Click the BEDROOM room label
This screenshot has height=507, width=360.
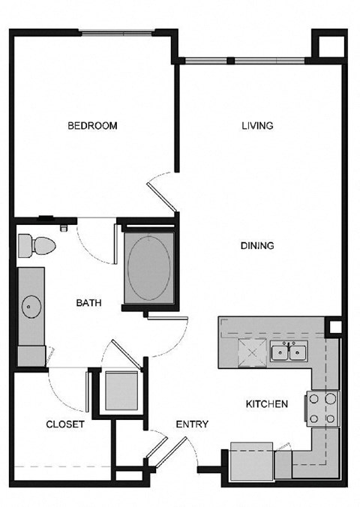tap(92, 126)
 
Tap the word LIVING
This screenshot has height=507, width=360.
tap(256, 126)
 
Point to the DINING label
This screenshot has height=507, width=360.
tap(256, 245)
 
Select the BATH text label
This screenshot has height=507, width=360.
tap(88, 303)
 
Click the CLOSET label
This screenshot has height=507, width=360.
tap(65, 424)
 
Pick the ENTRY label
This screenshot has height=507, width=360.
tap(192, 424)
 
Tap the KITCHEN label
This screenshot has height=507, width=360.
tap(267, 404)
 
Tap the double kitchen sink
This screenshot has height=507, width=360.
tap(289, 351)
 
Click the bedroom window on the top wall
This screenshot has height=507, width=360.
tap(118, 32)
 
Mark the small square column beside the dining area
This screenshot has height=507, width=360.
tap(335, 328)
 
